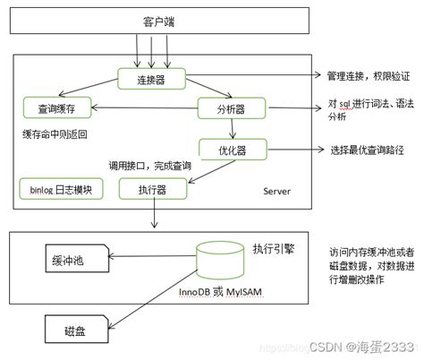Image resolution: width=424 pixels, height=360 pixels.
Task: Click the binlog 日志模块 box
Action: tap(62, 190)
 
